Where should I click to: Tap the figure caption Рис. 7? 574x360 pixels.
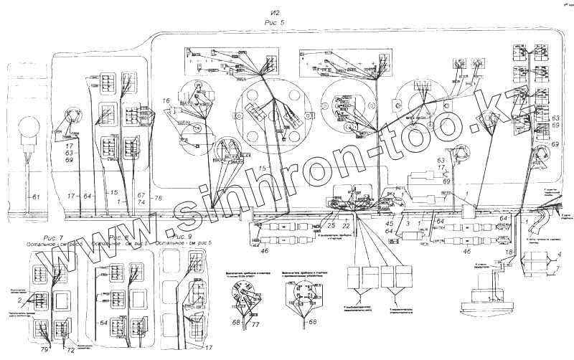55,237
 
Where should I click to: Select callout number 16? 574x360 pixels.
165,101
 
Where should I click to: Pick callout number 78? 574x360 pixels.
158,196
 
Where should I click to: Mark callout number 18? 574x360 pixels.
509,252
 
